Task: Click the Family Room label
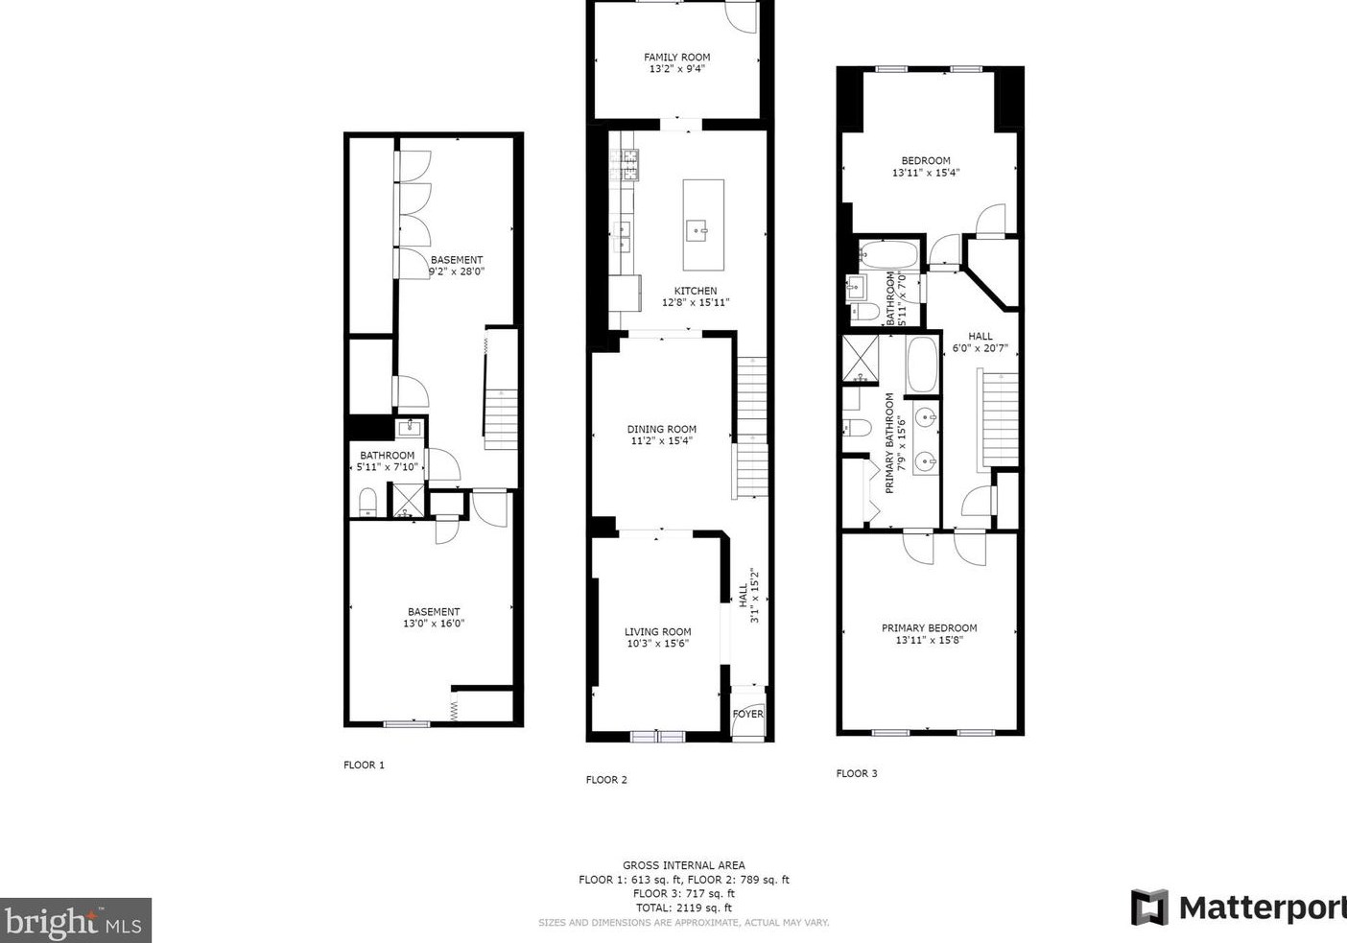pos(676,58)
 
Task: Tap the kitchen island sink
pos(697,230)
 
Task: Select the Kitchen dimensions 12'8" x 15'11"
pos(696,302)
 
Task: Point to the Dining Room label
pos(661,429)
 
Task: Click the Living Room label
pos(657,631)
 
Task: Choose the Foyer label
pos(747,714)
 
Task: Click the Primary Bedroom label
pos(929,627)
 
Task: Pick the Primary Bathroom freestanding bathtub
pos(922,365)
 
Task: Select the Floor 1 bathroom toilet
pos(367,502)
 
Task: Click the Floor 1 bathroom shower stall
pos(408,500)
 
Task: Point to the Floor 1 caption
pos(364,765)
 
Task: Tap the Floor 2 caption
pos(606,780)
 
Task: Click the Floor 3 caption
pos(857,773)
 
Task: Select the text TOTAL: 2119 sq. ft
pos(684,908)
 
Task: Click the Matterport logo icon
pos(1149,908)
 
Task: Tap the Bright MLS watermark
pos(75,920)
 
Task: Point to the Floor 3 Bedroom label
pos(926,160)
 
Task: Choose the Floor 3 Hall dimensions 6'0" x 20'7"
pos(981,348)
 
